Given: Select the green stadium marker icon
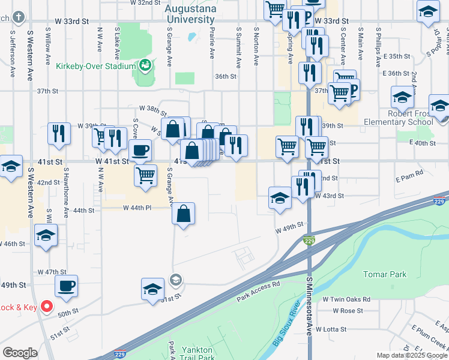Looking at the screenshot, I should tap(144, 65).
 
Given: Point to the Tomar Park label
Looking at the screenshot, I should tap(385, 274).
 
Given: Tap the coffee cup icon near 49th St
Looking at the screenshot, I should tap(66, 286).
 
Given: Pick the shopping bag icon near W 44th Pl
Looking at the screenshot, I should tap(183, 214).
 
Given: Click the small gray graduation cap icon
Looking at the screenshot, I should tap(175, 279).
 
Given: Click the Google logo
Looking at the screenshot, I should tap(20, 353).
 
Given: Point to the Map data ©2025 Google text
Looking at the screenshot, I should tap(412, 355).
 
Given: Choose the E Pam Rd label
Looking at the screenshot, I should tap(410, 172).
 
